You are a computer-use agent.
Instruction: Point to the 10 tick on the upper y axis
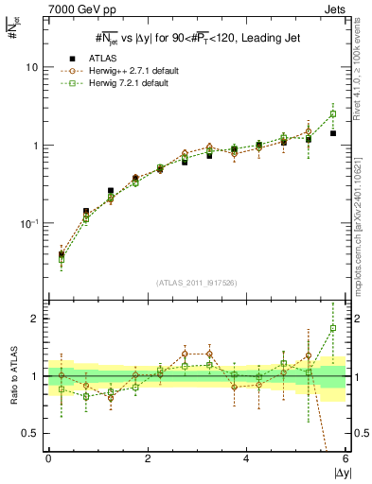point(31,68)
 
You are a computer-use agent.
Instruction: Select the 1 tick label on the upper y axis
point(34,147)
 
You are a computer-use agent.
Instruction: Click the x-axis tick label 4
point(246,460)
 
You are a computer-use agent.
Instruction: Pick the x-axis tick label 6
point(345,460)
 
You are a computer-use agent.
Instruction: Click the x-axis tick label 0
point(48,460)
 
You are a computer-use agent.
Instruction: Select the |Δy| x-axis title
point(342,474)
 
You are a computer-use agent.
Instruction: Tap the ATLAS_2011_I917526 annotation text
point(196,283)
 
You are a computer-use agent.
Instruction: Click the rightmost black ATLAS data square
point(333,133)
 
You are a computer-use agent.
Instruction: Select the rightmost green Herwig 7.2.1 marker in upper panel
point(333,114)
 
